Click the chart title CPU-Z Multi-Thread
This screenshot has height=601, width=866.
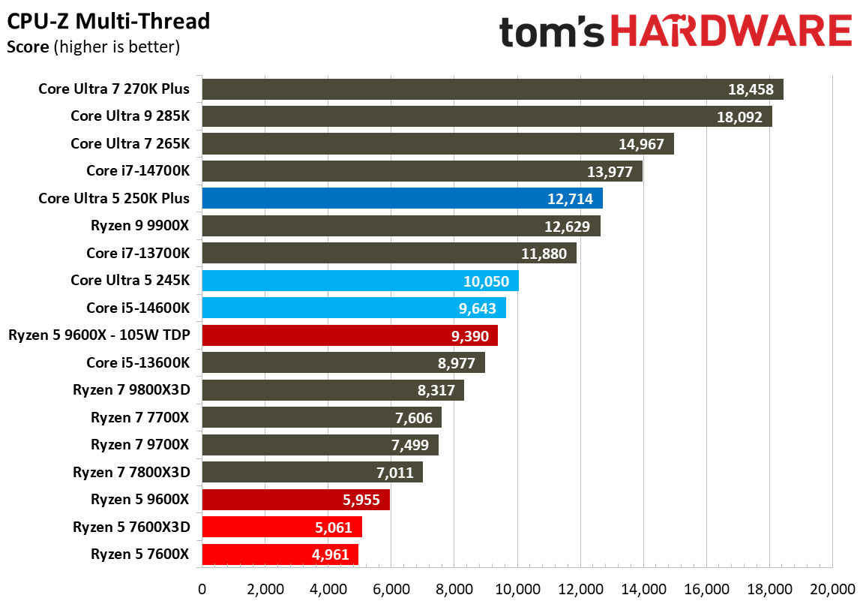tap(109, 21)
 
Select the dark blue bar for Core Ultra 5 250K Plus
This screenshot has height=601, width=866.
tap(401, 199)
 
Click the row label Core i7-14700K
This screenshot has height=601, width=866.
tap(138, 171)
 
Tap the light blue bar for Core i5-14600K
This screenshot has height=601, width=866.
tap(353, 308)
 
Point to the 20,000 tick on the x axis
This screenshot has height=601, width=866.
tap(832, 588)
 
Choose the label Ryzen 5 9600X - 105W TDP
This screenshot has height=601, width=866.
tap(99, 335)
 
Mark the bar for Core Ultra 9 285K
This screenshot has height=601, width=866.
tap(487, 116)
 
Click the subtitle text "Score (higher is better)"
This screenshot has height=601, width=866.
tap(93, 48)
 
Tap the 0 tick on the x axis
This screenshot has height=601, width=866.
tap(202, 588)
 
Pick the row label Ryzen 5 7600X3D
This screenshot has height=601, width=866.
tap(131, 527)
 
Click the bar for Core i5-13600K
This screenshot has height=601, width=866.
tap(343, 362)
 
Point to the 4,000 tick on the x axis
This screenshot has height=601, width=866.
tap(328, 588)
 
